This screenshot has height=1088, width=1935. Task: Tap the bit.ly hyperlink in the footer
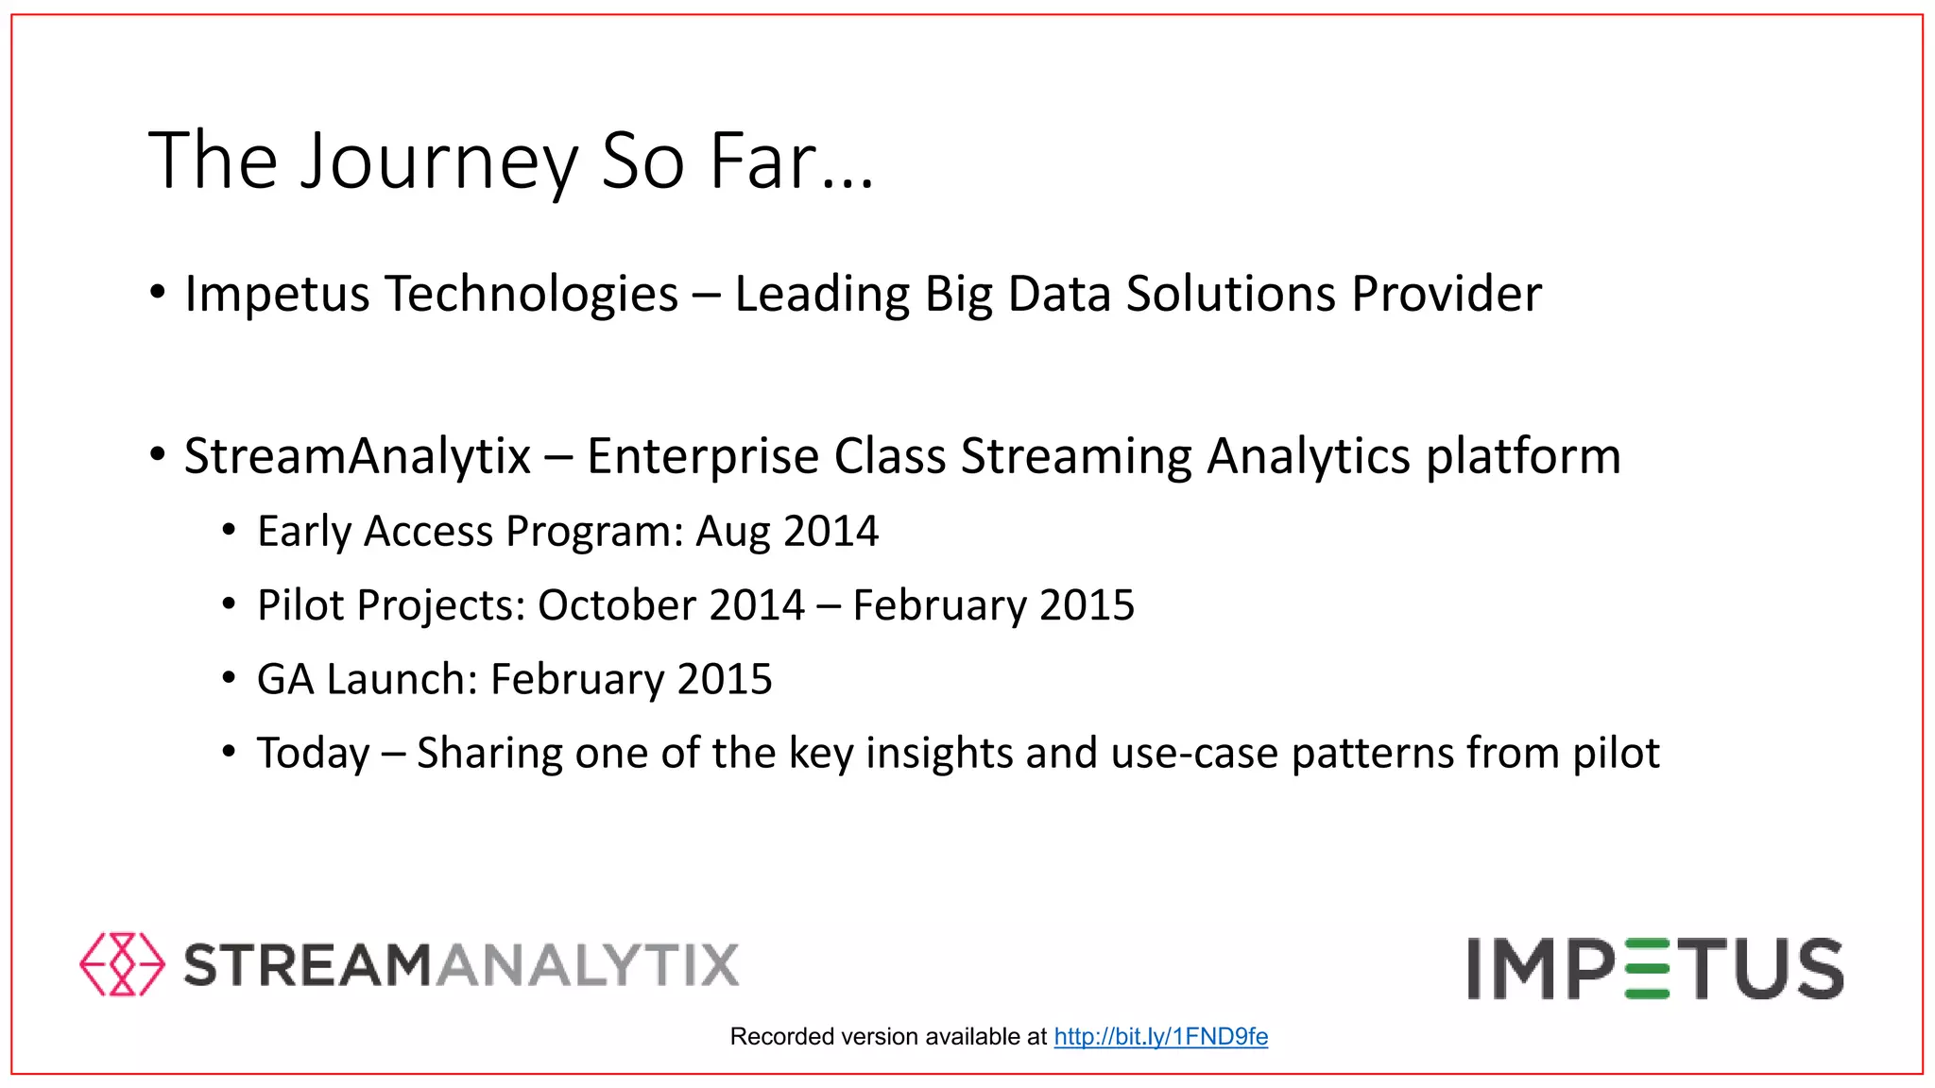(1160, 1037)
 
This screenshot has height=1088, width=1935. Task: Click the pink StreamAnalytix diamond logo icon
(122, 964)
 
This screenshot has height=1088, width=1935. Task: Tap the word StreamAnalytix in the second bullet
(357, 456)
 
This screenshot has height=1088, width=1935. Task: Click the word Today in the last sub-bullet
(313, 754)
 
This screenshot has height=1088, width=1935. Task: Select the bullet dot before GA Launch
(229, 677)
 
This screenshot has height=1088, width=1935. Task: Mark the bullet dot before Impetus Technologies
(157, 291)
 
